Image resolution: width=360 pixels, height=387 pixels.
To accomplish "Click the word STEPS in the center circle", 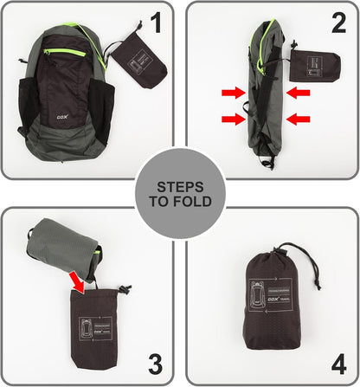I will pos(180,185).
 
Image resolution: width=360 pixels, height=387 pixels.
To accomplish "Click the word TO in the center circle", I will pos(161,201).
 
